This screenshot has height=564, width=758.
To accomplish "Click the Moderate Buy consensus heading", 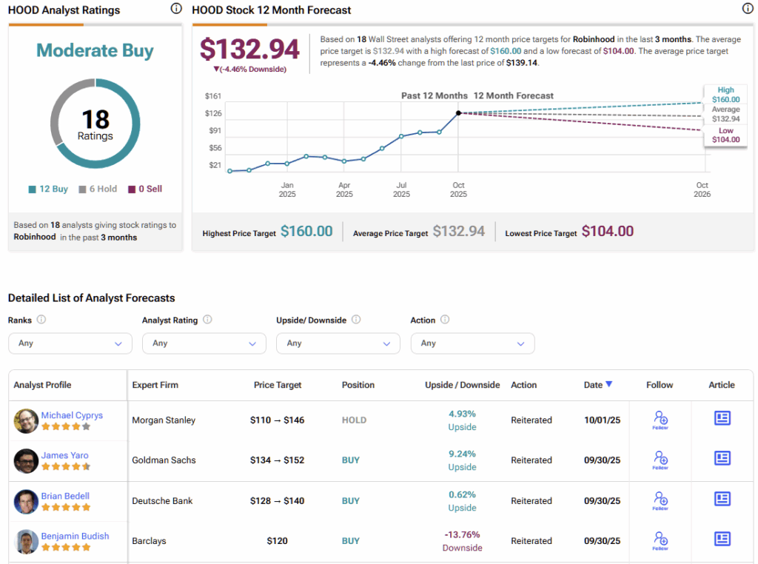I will point(95,51).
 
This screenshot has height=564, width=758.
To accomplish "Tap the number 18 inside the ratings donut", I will point(95,119).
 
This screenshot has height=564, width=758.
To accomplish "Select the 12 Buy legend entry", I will point(48,189).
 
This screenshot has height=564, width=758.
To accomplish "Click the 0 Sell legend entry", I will point(145,189).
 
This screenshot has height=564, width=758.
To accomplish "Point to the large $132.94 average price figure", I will point(249,50).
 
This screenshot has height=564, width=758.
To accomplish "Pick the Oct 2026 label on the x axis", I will point(702,189).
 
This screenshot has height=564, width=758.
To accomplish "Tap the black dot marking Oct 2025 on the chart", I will point(458,113).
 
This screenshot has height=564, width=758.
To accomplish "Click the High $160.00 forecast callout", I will point(725,95).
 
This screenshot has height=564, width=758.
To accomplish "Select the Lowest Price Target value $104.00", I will point(607,232).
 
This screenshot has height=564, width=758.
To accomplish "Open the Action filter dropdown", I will point(472,343).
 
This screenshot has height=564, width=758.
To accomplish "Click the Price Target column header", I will point(278,385).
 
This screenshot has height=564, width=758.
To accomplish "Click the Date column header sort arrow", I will point(608,384).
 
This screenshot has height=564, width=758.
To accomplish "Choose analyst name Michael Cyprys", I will point(72,415).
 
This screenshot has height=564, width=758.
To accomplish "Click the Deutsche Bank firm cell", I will point(162,500).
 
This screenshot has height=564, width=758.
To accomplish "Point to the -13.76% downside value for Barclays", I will point(462,534).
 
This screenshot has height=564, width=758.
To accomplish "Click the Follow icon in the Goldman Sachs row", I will point(660,460).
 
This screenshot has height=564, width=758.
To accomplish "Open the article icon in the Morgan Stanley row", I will point(722,418).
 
